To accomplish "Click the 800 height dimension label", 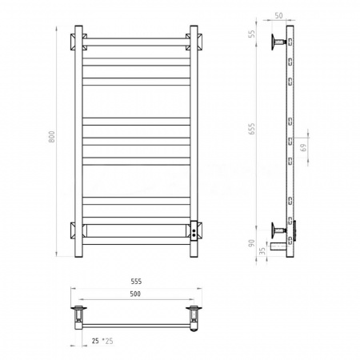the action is pyautogui.click(x=52, y=136).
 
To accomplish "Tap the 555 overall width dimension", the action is pyautogui.click(x=136, y=282).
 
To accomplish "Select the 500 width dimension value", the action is pyautogui.click(x=135, y=294).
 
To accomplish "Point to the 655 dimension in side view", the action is pyautogui.click(x=252, y=129).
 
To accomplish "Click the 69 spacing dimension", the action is pyautogui.click(x=303, y=147).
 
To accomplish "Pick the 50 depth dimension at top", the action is pyautogui.click(x=278, y=15).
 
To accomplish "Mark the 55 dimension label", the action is pyautogui.click(x=252, y=34).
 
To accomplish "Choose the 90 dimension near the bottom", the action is pyautogui.click(x=251, y=243).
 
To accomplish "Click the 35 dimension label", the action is pyautogui.click(x=262, y=251).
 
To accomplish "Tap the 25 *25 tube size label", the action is pyautogui.click(x=102, y=341).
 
